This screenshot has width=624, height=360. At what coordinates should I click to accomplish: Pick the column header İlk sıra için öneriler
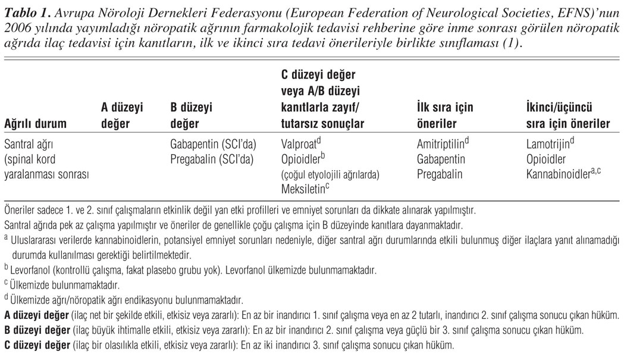pos(446,116)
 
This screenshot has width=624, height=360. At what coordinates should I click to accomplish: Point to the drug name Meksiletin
pos(304,189)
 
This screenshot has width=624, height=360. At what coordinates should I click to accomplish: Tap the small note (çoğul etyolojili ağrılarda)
pos(330,174)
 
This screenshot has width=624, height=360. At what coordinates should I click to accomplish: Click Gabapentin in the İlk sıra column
pos(441,159)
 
